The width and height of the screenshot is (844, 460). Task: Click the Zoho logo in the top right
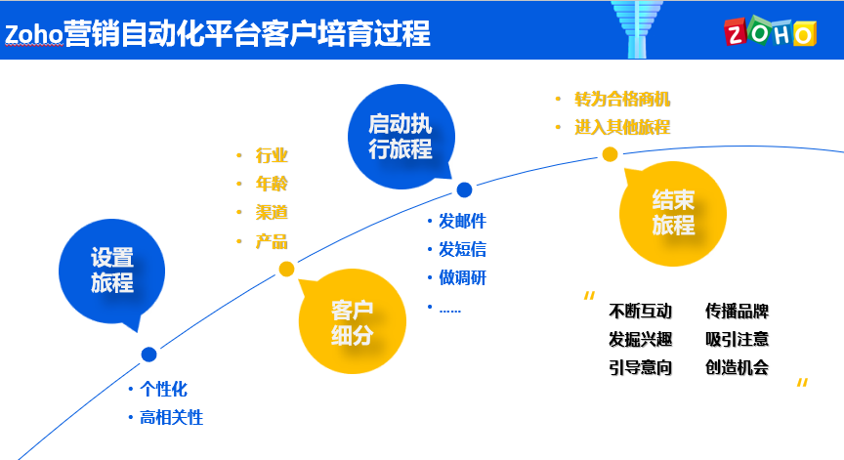[x=769, y=32]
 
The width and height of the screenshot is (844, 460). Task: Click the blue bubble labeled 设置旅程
[x=111, y=271]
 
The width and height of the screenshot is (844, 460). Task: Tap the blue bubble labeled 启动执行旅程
[x=400, y=137]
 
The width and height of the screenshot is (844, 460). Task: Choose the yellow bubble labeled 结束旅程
[x=673, y=212]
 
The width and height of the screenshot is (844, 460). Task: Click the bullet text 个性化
[x=163, y=388]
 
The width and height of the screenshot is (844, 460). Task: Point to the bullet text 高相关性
[x=171, y=417]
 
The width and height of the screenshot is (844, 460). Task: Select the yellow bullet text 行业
[x=272, y=155]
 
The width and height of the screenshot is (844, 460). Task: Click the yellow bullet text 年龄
[x=272, y=184]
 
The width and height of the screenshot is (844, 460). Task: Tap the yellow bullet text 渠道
[x=272, y=212]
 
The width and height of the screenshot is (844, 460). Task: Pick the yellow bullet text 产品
[x=272, y=241]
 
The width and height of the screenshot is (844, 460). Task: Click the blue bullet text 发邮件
[x=462, y=220]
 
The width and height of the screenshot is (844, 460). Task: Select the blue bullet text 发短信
[x=462, y=248]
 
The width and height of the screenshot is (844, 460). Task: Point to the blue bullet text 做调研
[x=462, y=277]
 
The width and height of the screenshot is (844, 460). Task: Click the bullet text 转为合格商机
[x=622, y=99]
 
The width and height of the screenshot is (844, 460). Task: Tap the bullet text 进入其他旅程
[x=622, y=127]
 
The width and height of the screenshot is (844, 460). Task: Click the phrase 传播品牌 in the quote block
[x=737, y=312]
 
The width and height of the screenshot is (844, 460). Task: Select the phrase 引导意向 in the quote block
[x=640, y=367]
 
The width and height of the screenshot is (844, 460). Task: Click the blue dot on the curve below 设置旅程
[x=148, y=355]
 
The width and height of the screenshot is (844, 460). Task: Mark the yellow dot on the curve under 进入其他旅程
[x=610, y=153]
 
